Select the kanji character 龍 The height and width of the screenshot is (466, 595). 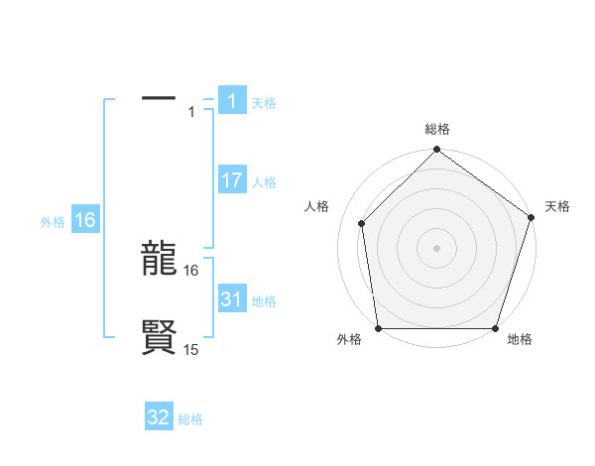point(159,261)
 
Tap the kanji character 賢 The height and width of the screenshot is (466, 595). point(159,337)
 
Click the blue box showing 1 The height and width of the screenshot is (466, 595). point(232,101)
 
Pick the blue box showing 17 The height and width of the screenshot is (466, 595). point(232,180)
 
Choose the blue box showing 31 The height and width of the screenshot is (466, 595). point(232,299)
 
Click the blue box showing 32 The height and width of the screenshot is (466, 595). point(159,417)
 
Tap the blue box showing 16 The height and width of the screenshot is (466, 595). point(85,220)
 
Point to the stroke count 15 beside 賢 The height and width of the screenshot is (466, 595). point(191,349)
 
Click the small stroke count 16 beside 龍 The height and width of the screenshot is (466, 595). point(191,270)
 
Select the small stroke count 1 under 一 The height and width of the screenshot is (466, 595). point(191,112)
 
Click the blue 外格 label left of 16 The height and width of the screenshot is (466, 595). point(53,222)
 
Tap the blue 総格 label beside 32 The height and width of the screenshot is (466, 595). point(190,419)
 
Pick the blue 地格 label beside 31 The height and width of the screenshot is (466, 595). point(264,301)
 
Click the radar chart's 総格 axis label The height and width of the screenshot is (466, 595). point(437,129)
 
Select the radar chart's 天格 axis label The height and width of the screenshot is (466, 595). point(557,206)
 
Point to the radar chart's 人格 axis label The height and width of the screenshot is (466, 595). point(316,206)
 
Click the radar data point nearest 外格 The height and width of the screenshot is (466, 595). point(378,328)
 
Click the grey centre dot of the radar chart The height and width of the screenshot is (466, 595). point(436,247)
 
